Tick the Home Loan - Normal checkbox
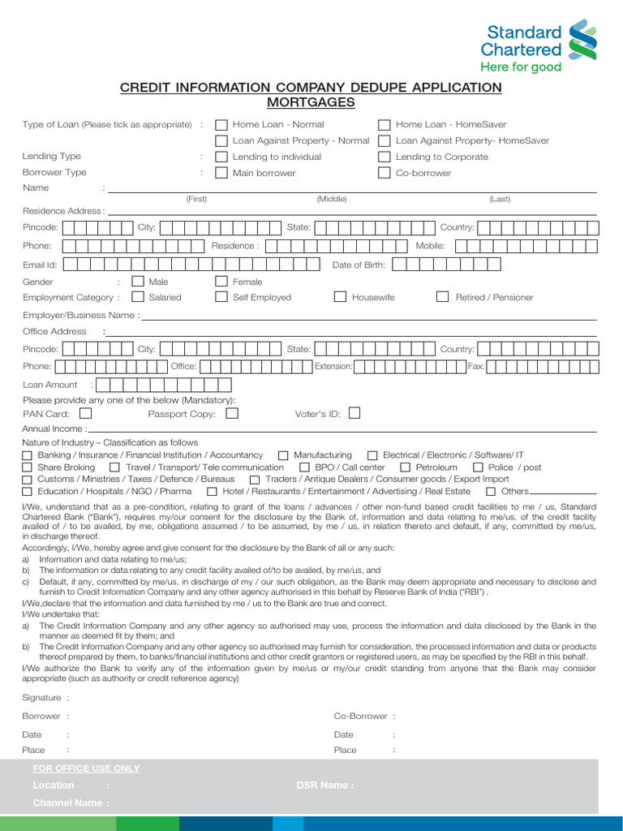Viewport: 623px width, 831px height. click(221, 125)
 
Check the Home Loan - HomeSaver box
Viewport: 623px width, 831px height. click(385, 125)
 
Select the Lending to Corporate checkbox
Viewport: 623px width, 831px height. click(385, 157)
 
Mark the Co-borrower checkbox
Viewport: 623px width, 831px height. click(385, 174)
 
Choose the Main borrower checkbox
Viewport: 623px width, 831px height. click(221, 174)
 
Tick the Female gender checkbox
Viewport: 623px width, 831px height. click(221, 282)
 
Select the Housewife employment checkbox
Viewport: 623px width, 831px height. click(341, 297)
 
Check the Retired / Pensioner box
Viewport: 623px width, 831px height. click(442, 297)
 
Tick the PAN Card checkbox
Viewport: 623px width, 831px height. click(85, 413)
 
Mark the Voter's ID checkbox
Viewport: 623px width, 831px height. click(354, 413)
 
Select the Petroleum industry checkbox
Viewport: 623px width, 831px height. click(406, 467)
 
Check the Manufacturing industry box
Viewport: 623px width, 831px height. click(283, 455)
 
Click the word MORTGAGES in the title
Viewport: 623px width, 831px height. click(311, 103)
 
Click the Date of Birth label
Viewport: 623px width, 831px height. click(359, 265)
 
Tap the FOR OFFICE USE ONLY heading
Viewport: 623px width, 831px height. click(86, 769)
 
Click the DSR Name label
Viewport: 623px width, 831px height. click(324, 786)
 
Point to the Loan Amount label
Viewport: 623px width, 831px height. click(50, 385)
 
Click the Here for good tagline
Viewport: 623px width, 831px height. click(520, 67)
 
